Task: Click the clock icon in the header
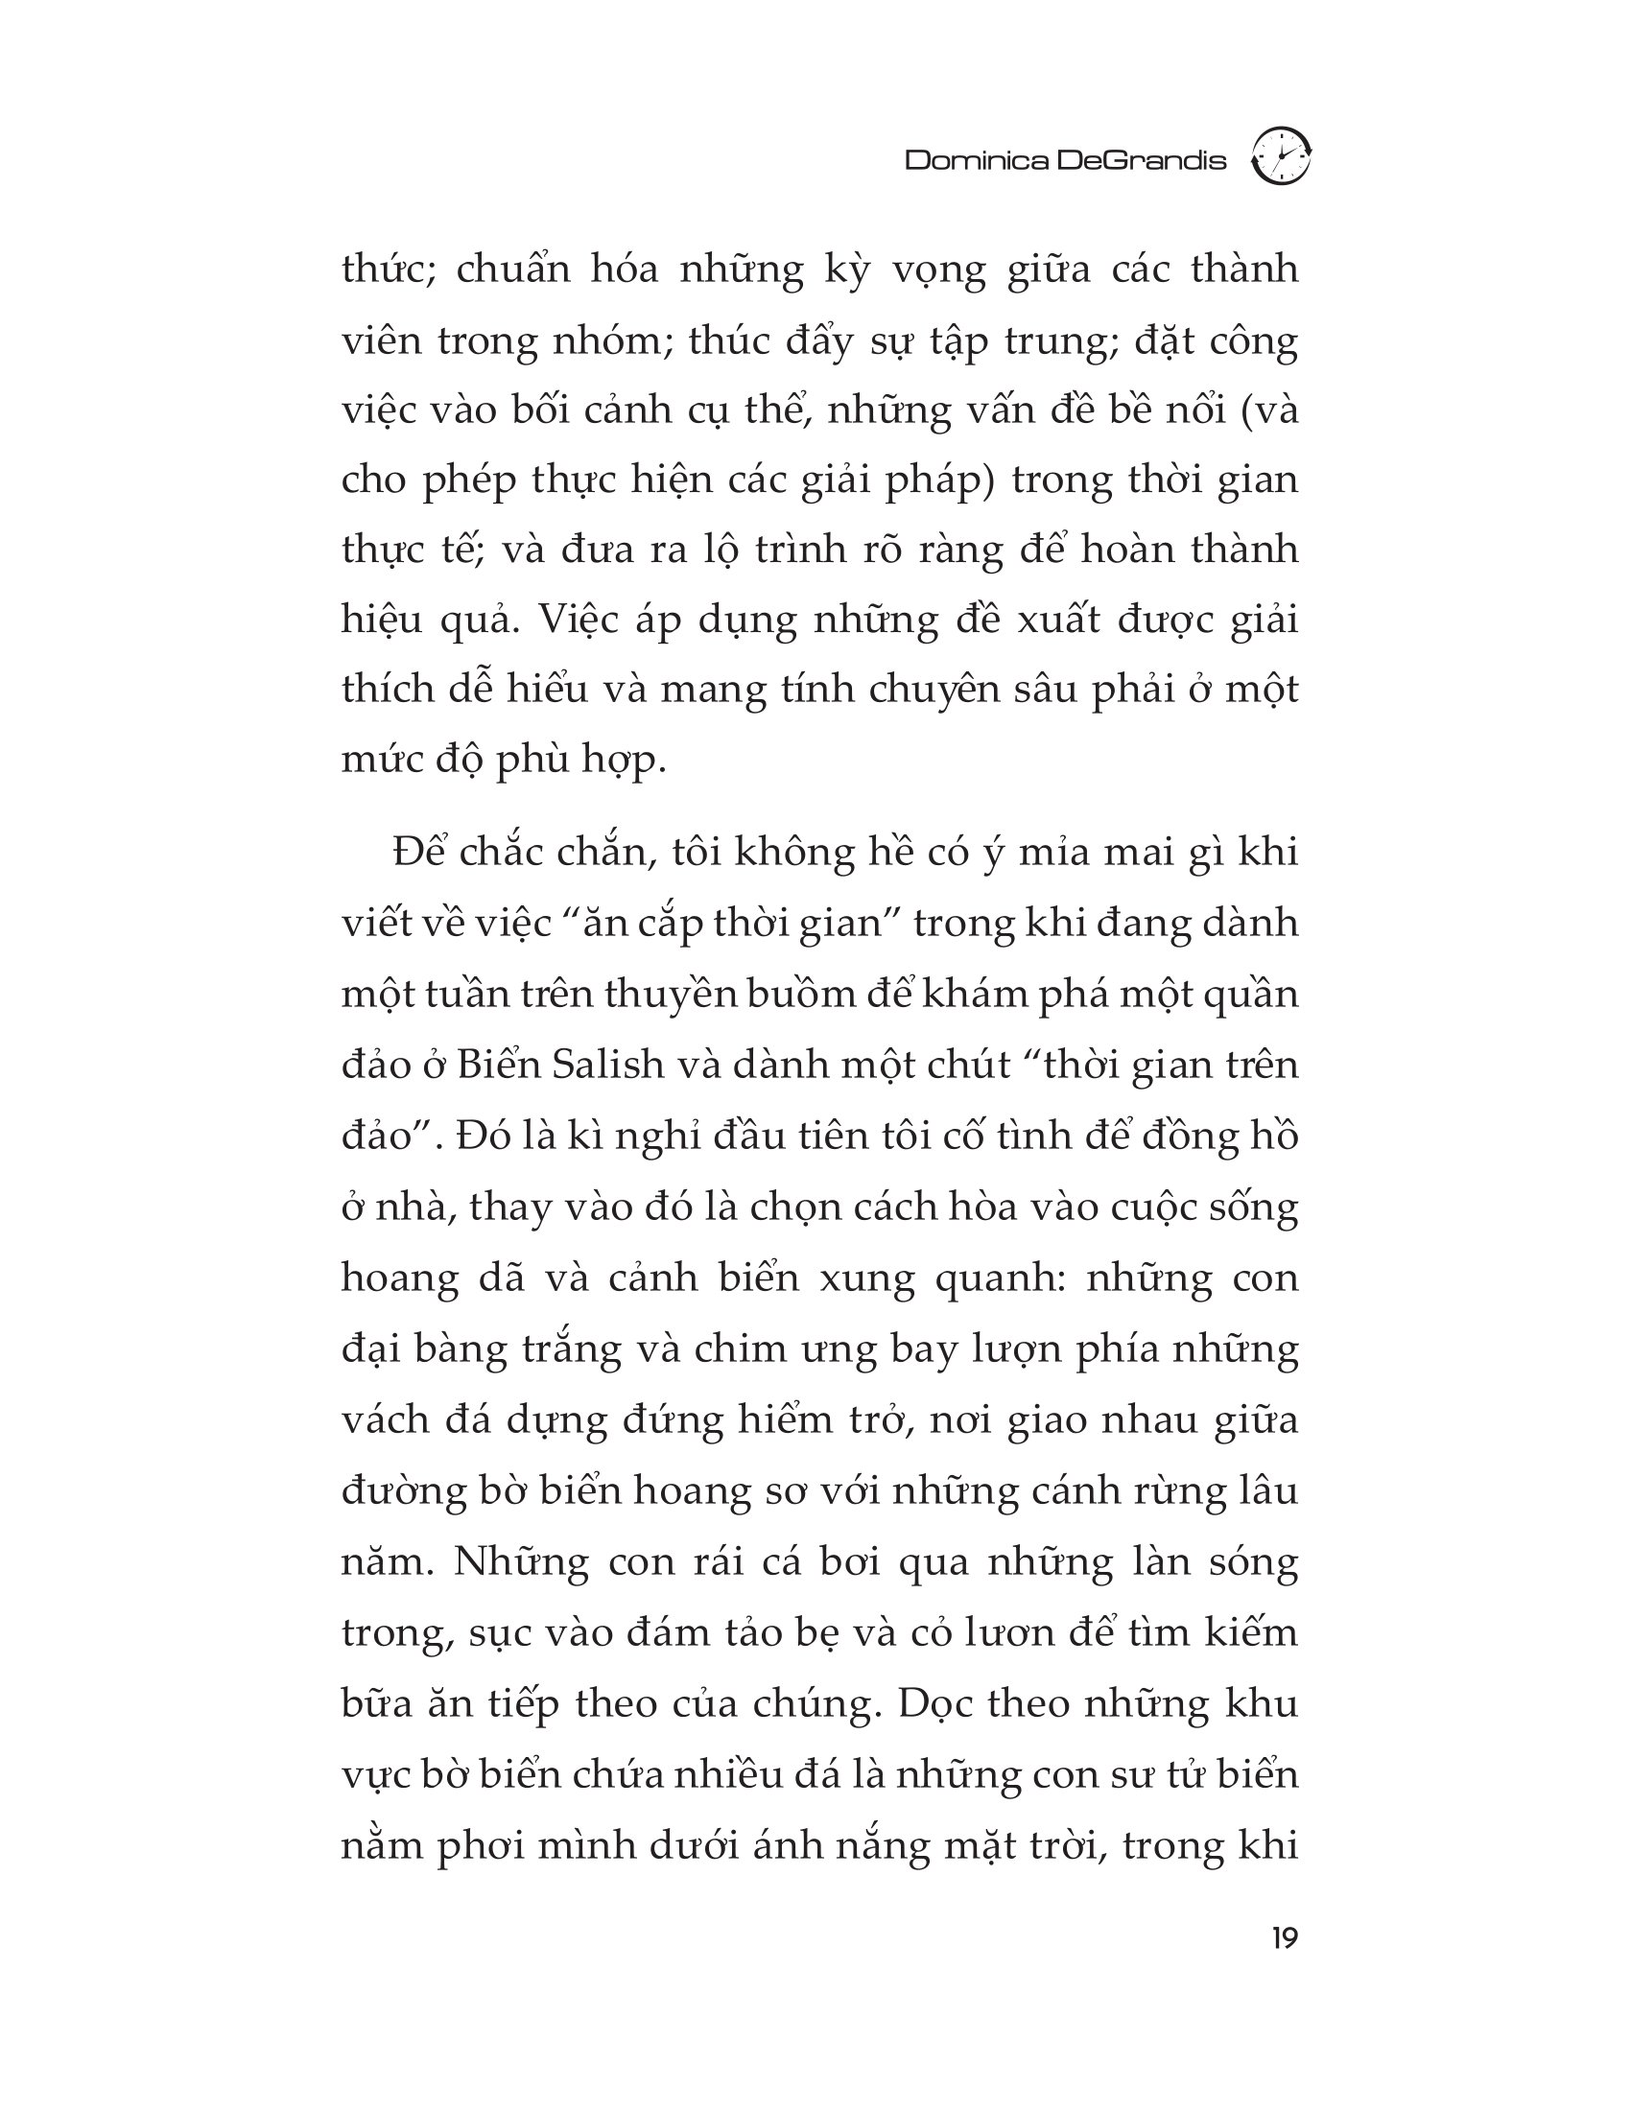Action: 1280,156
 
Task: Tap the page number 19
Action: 1284,1938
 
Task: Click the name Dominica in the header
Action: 976,160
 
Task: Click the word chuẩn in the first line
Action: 513,270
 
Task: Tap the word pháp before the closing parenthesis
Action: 940,481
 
